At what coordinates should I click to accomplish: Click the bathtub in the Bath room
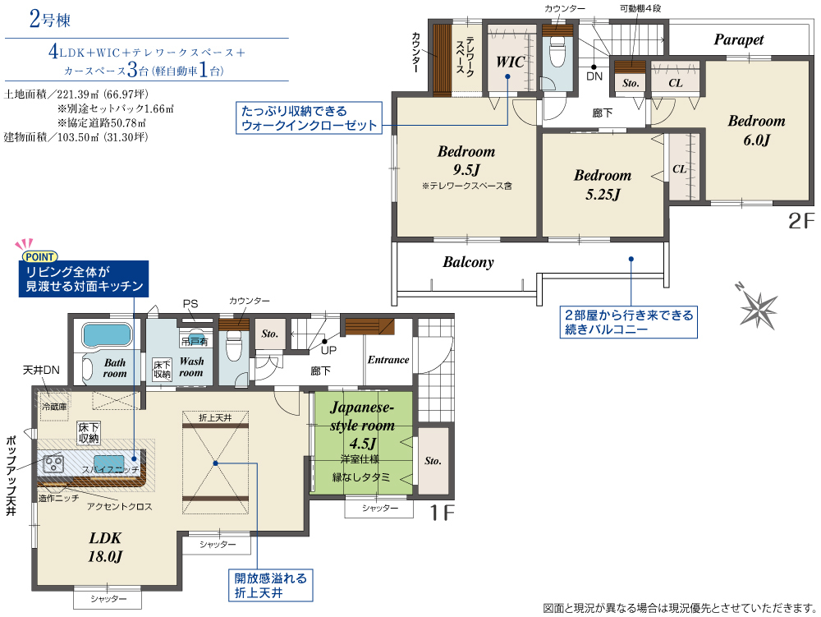tap(107, 334)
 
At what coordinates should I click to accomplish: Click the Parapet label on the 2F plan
tap(738, 39)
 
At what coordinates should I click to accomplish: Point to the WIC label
tap(510, 62)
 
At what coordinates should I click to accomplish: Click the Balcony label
tap(468, 262)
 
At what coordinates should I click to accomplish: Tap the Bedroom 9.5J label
tap(466, 160)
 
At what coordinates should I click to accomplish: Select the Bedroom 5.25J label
tap(603, 184)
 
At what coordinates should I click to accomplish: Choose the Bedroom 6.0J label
tap(757, 130)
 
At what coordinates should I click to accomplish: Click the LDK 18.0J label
tap(105, 547)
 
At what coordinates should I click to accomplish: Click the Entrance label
tap(388, 360)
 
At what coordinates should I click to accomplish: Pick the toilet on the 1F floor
tap(233, 347)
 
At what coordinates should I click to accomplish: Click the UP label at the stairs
tap(328, 350)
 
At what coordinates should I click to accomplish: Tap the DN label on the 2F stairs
tap(594, 76)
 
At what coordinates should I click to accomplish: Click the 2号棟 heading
tap(50, 20)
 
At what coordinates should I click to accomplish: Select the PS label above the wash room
tap(190, 304)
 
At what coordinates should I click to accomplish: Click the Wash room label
tap(191, 366)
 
